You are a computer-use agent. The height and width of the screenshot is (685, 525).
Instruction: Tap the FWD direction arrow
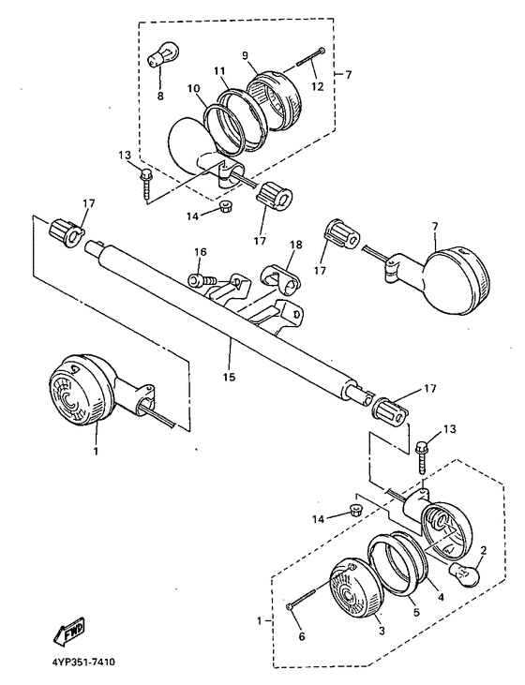[x=68, y=631]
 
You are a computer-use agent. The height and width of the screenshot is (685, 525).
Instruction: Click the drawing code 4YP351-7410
[x=83, y=663]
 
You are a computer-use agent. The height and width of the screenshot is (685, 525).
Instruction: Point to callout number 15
[x=230, y=376]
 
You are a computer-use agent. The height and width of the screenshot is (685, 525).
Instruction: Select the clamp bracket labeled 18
[x=280, y=279]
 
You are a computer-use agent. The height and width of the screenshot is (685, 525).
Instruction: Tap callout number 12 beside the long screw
[x=318, y=86]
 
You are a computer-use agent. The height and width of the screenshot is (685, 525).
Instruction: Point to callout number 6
[x=302, y=636]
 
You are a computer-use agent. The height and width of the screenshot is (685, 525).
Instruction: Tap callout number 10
[x=194, y=89]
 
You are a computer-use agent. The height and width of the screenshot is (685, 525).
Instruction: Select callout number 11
[x=219, y=70]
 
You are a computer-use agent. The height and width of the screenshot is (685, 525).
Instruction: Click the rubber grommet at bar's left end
[x=66, y=232]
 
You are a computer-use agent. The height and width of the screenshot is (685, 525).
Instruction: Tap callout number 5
[x=415, y=613]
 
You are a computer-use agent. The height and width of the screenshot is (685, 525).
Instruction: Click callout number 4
[x=441, y=596]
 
